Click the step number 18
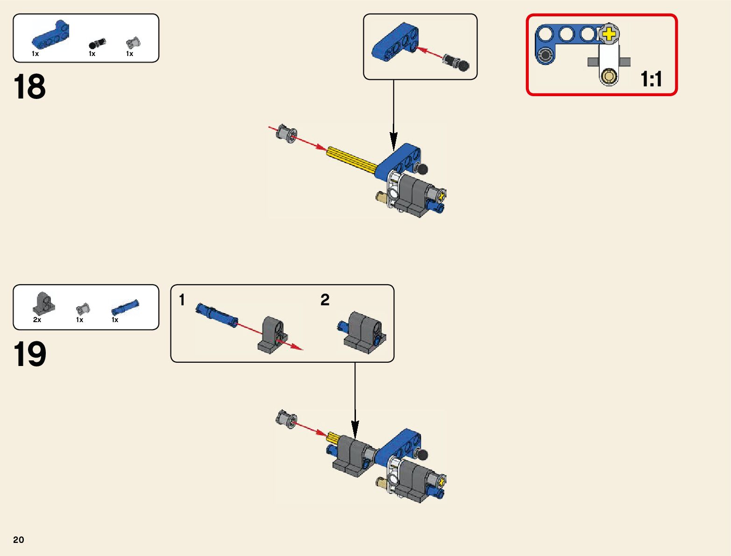[29, 87]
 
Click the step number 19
[29, 354]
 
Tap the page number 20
[19, 540]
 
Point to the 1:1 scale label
[651, 79]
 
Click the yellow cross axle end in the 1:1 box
[609, 34]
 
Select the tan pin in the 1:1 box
[609, 76]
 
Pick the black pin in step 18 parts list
[97, 44]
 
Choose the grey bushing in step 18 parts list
[133, 43]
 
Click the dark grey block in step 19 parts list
[44, 303]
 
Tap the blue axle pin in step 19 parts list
[125, 308]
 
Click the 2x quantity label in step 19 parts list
[37, 320]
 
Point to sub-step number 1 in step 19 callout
[182, 300]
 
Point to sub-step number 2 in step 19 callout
[325, 300]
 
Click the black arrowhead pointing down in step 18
[394, 140]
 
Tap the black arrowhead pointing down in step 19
[355, 428]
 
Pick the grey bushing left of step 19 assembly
[286, 419]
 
